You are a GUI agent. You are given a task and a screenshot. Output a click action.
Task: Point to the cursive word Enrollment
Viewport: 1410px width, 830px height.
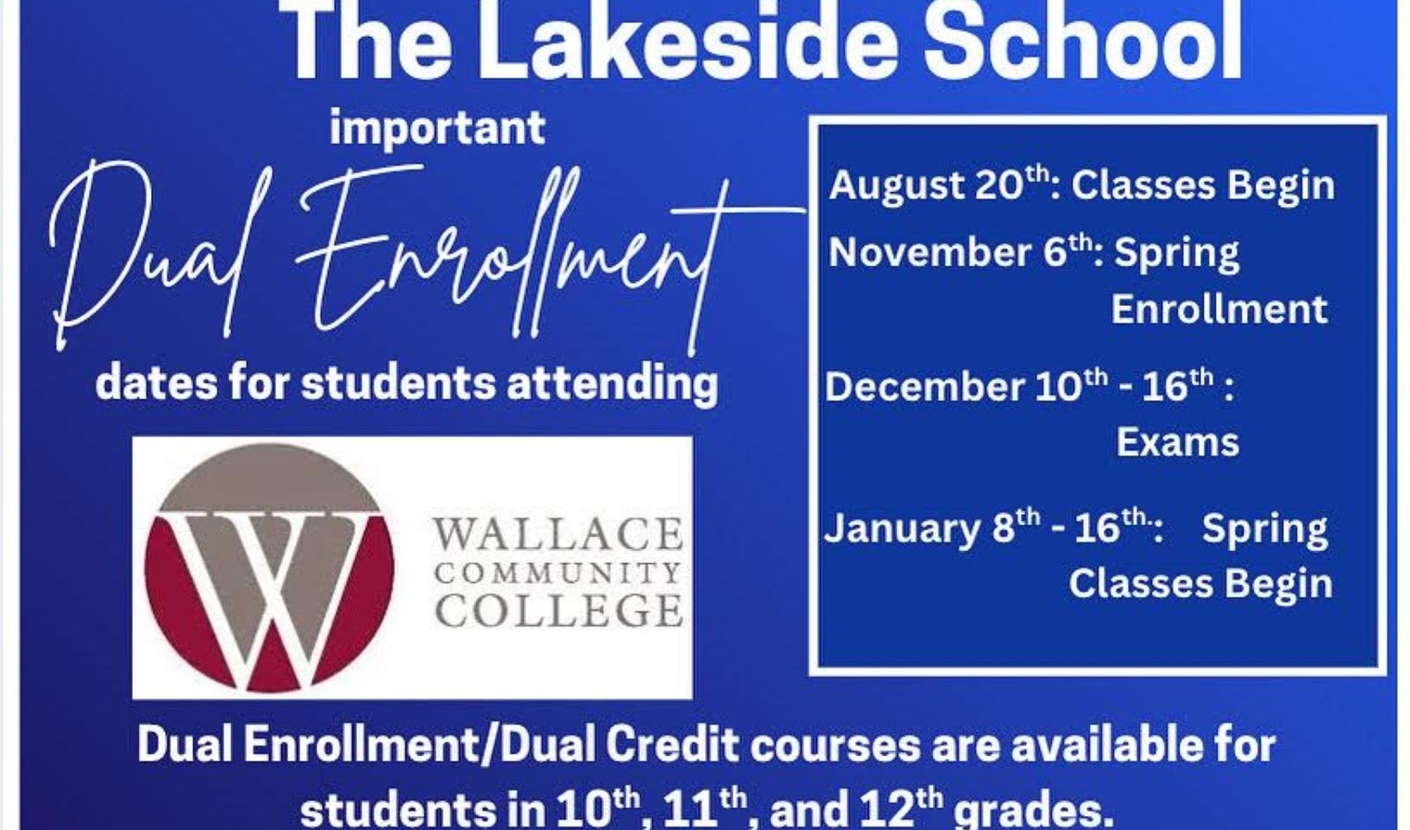510,258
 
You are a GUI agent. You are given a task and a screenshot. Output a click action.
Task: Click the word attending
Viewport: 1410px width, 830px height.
612,385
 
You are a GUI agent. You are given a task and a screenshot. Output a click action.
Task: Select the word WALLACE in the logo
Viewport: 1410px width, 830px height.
558,535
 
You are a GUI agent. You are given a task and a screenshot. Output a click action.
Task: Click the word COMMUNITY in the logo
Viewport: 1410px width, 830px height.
558,572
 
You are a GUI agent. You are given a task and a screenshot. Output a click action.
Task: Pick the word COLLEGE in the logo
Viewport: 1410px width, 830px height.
559,610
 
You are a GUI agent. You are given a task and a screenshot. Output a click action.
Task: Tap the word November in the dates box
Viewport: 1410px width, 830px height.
928,253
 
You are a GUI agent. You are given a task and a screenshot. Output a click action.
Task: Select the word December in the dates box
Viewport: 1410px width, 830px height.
924,386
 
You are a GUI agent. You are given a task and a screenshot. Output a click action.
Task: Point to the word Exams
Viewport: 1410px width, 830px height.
1178,442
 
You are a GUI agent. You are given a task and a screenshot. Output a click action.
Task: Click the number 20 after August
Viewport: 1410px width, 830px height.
1000,185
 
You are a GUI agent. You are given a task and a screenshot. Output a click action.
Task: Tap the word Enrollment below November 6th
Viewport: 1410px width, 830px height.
1219,309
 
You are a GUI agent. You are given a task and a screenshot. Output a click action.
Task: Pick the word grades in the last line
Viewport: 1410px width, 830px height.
1033,811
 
